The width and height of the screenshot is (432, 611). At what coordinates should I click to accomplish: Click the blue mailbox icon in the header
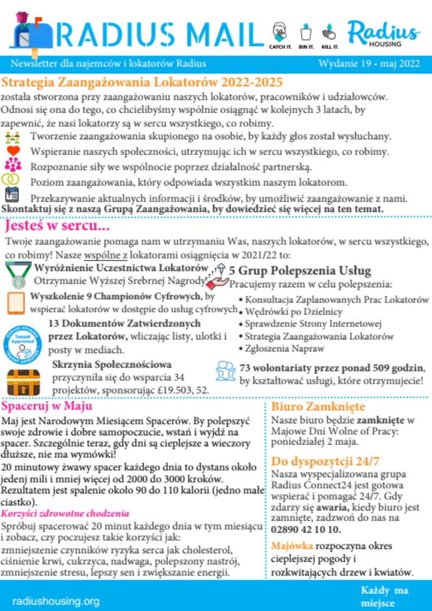(32, 34)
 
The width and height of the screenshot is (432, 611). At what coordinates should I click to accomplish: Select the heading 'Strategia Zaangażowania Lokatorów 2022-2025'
(142, 83)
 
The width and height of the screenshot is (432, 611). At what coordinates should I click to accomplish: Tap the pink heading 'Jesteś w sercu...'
(58, 225)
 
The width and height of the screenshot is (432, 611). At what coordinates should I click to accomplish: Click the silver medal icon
(18, 275)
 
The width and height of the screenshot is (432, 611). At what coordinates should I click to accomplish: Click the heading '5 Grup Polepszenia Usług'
(300, 270)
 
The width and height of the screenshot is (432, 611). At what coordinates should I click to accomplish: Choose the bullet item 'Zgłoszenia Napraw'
(285, 349)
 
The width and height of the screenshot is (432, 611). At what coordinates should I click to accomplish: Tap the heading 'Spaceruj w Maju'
(47, 406)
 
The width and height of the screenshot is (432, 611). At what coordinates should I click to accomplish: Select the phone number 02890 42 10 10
(306, 529)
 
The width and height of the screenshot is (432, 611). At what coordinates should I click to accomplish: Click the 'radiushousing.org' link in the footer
(56, 601)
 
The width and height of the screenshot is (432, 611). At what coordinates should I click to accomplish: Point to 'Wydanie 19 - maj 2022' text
(369, 64)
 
